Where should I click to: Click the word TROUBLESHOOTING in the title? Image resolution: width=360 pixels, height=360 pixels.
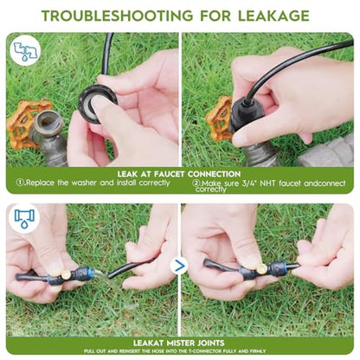[x=117, y=16]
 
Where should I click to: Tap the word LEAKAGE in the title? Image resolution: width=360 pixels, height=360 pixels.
[x=273, y=16]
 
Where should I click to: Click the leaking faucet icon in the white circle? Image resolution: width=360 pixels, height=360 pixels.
[x=26, y=51]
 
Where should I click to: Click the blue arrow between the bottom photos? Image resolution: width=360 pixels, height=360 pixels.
[x=180, y=267]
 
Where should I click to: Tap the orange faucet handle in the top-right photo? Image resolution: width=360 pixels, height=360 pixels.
[x=219, y=119]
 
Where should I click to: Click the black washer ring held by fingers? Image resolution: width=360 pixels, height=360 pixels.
[x=97, y=103]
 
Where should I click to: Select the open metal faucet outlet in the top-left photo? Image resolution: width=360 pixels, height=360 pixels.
[x=49, y=122]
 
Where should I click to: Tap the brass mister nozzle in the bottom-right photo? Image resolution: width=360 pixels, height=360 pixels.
[x=261, y=268]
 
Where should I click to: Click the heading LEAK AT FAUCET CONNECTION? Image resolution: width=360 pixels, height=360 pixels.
[x=179, y=174]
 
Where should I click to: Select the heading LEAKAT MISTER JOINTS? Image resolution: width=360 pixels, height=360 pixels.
[x=179, y=343]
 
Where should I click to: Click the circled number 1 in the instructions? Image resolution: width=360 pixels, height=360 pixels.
[x=20, y=183]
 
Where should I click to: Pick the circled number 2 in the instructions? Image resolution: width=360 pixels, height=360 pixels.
[x=196, y=183]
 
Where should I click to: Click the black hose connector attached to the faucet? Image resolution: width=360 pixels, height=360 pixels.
[x=246, y=115]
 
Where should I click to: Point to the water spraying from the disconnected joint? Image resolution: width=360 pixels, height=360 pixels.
[x=101, y=275]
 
